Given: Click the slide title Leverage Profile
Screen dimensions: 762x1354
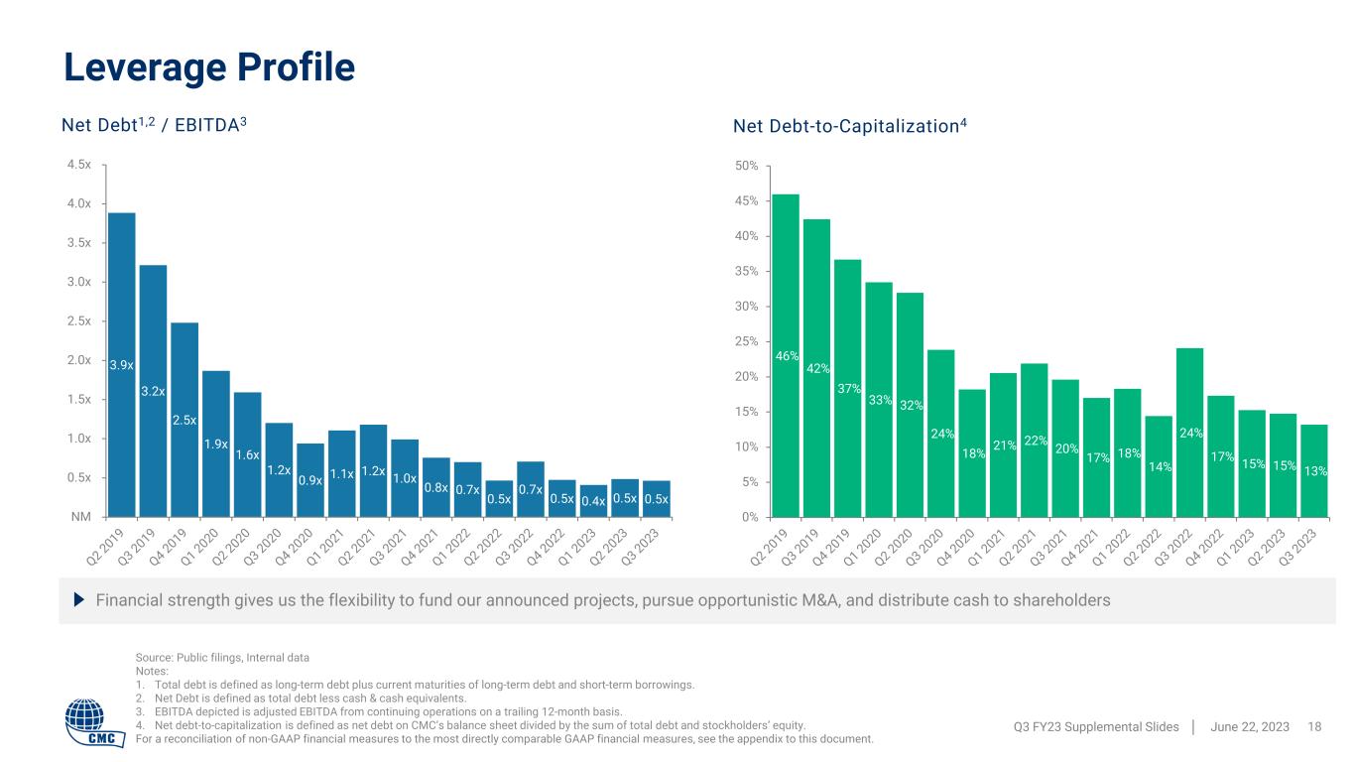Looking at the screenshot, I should [x=209, y=66].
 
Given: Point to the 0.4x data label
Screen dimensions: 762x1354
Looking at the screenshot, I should [x=594, y=500].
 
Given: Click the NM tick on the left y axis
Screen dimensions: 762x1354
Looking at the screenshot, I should [x=82, y=516].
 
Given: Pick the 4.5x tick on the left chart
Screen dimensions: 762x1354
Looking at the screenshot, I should [x=78, y=165].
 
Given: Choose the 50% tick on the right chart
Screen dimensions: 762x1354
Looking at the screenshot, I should [x=746, y=165].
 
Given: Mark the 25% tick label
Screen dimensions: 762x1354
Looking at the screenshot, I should [x=746, y=341].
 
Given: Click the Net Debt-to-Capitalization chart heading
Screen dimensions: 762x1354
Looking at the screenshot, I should [x=849, y=126].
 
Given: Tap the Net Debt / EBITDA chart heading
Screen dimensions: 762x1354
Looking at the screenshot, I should [x=155, y=126].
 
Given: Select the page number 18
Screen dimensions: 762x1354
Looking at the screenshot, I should [x=1315, y=727].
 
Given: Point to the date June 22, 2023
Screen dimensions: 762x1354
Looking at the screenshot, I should [x=1250, y=727].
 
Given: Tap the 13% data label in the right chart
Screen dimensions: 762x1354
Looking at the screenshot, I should [x=1315, y=471].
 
